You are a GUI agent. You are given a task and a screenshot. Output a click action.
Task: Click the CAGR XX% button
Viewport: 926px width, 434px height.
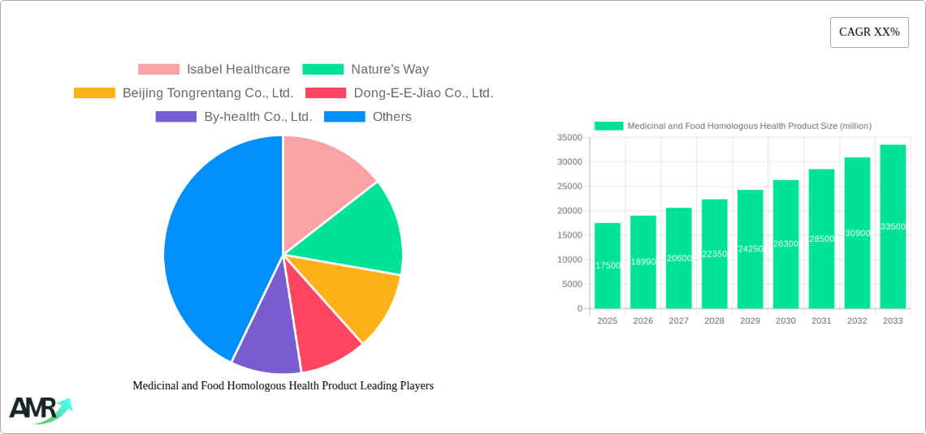click(869, 32)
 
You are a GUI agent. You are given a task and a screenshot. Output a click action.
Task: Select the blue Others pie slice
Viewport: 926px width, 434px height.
click(211, 243)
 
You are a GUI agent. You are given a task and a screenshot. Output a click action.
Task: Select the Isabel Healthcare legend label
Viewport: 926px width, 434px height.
click(238, 70)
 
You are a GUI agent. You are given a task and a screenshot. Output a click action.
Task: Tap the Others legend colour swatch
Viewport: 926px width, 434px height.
click(344, 117)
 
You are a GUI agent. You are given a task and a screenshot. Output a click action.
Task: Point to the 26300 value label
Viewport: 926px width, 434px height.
click(785, 244)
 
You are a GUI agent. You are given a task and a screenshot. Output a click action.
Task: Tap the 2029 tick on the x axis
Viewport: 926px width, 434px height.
click(750, 321)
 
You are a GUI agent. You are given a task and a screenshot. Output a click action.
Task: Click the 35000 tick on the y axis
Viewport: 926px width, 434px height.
click(569, 138)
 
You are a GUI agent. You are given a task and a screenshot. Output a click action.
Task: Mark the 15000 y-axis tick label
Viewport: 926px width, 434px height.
click(569, 235)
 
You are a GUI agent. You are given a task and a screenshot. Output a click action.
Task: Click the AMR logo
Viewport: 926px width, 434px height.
click(40, 409)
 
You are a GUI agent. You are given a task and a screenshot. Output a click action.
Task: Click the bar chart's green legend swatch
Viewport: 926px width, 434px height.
click(608, 126)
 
